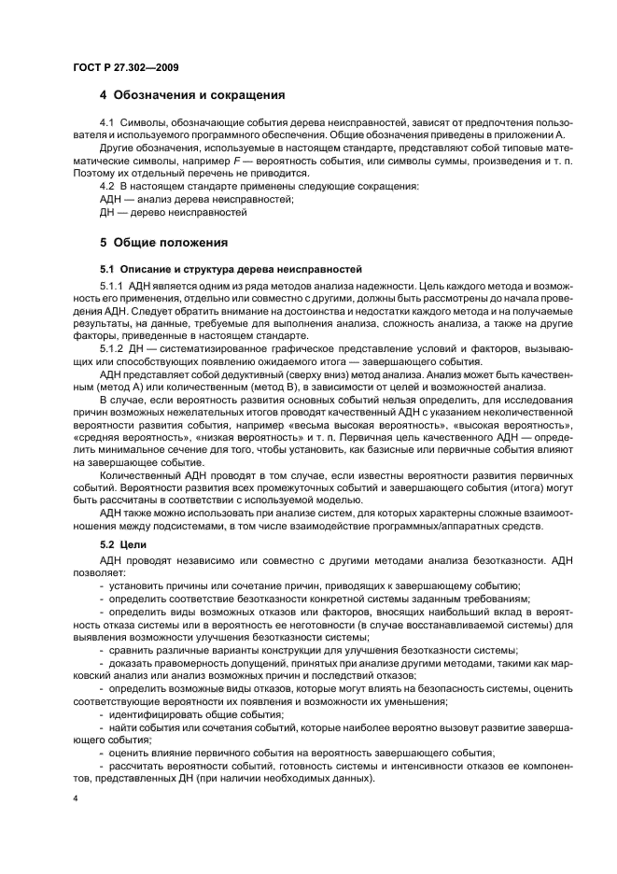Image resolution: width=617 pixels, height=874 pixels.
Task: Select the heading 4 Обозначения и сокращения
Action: click(191, 95)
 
